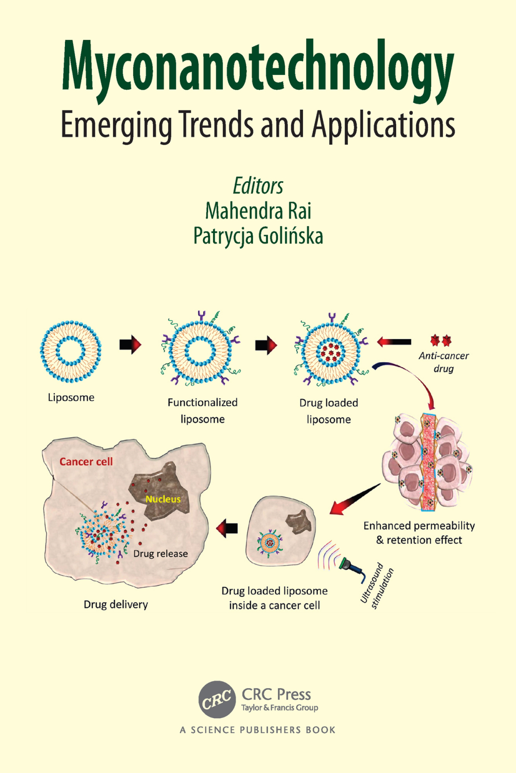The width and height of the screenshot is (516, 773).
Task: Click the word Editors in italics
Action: pyautogui.click(x=258, y=186)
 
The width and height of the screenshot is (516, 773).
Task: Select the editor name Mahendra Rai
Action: pyautogui.click(x=258, y=211)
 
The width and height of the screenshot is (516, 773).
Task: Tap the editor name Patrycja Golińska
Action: pyautogui.click(x=258, y=236)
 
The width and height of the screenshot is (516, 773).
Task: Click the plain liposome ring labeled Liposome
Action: pyautogui.click(x=71, y=351)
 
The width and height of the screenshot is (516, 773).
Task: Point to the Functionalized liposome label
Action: pyautogui.click(x=203, y=410)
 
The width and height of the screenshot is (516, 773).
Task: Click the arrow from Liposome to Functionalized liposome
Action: pyautogui.click(x=130, y=345)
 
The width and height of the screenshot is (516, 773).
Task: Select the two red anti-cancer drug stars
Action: pyautogui.click(x=441, y=341)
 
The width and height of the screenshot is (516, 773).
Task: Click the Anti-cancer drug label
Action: pyautogui.click(x=443, y=362)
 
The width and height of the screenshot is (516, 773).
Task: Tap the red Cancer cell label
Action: pyautogui.click(x=86, y=462)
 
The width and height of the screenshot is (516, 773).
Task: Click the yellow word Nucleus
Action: pyautogui.click(x=163, y=499)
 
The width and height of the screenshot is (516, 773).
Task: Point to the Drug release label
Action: pyautogui.click(x=160, y=553)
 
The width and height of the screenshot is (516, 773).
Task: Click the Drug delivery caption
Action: pyautogui.click(x=116, y=604)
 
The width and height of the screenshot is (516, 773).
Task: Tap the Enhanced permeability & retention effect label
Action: pyautogui.click(x=419, y=533)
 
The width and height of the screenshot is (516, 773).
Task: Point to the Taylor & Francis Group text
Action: pyautogui.click(x=280, y=708)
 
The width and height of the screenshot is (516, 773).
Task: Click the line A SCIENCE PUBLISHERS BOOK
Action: pyautogui.click(x=257, y=730)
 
